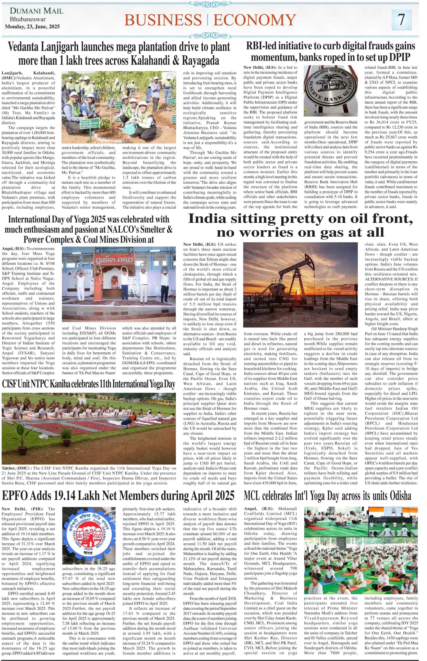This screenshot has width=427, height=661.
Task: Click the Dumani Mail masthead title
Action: (x=37, y=11)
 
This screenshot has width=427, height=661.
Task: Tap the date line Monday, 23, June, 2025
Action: (x=32, y=27)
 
